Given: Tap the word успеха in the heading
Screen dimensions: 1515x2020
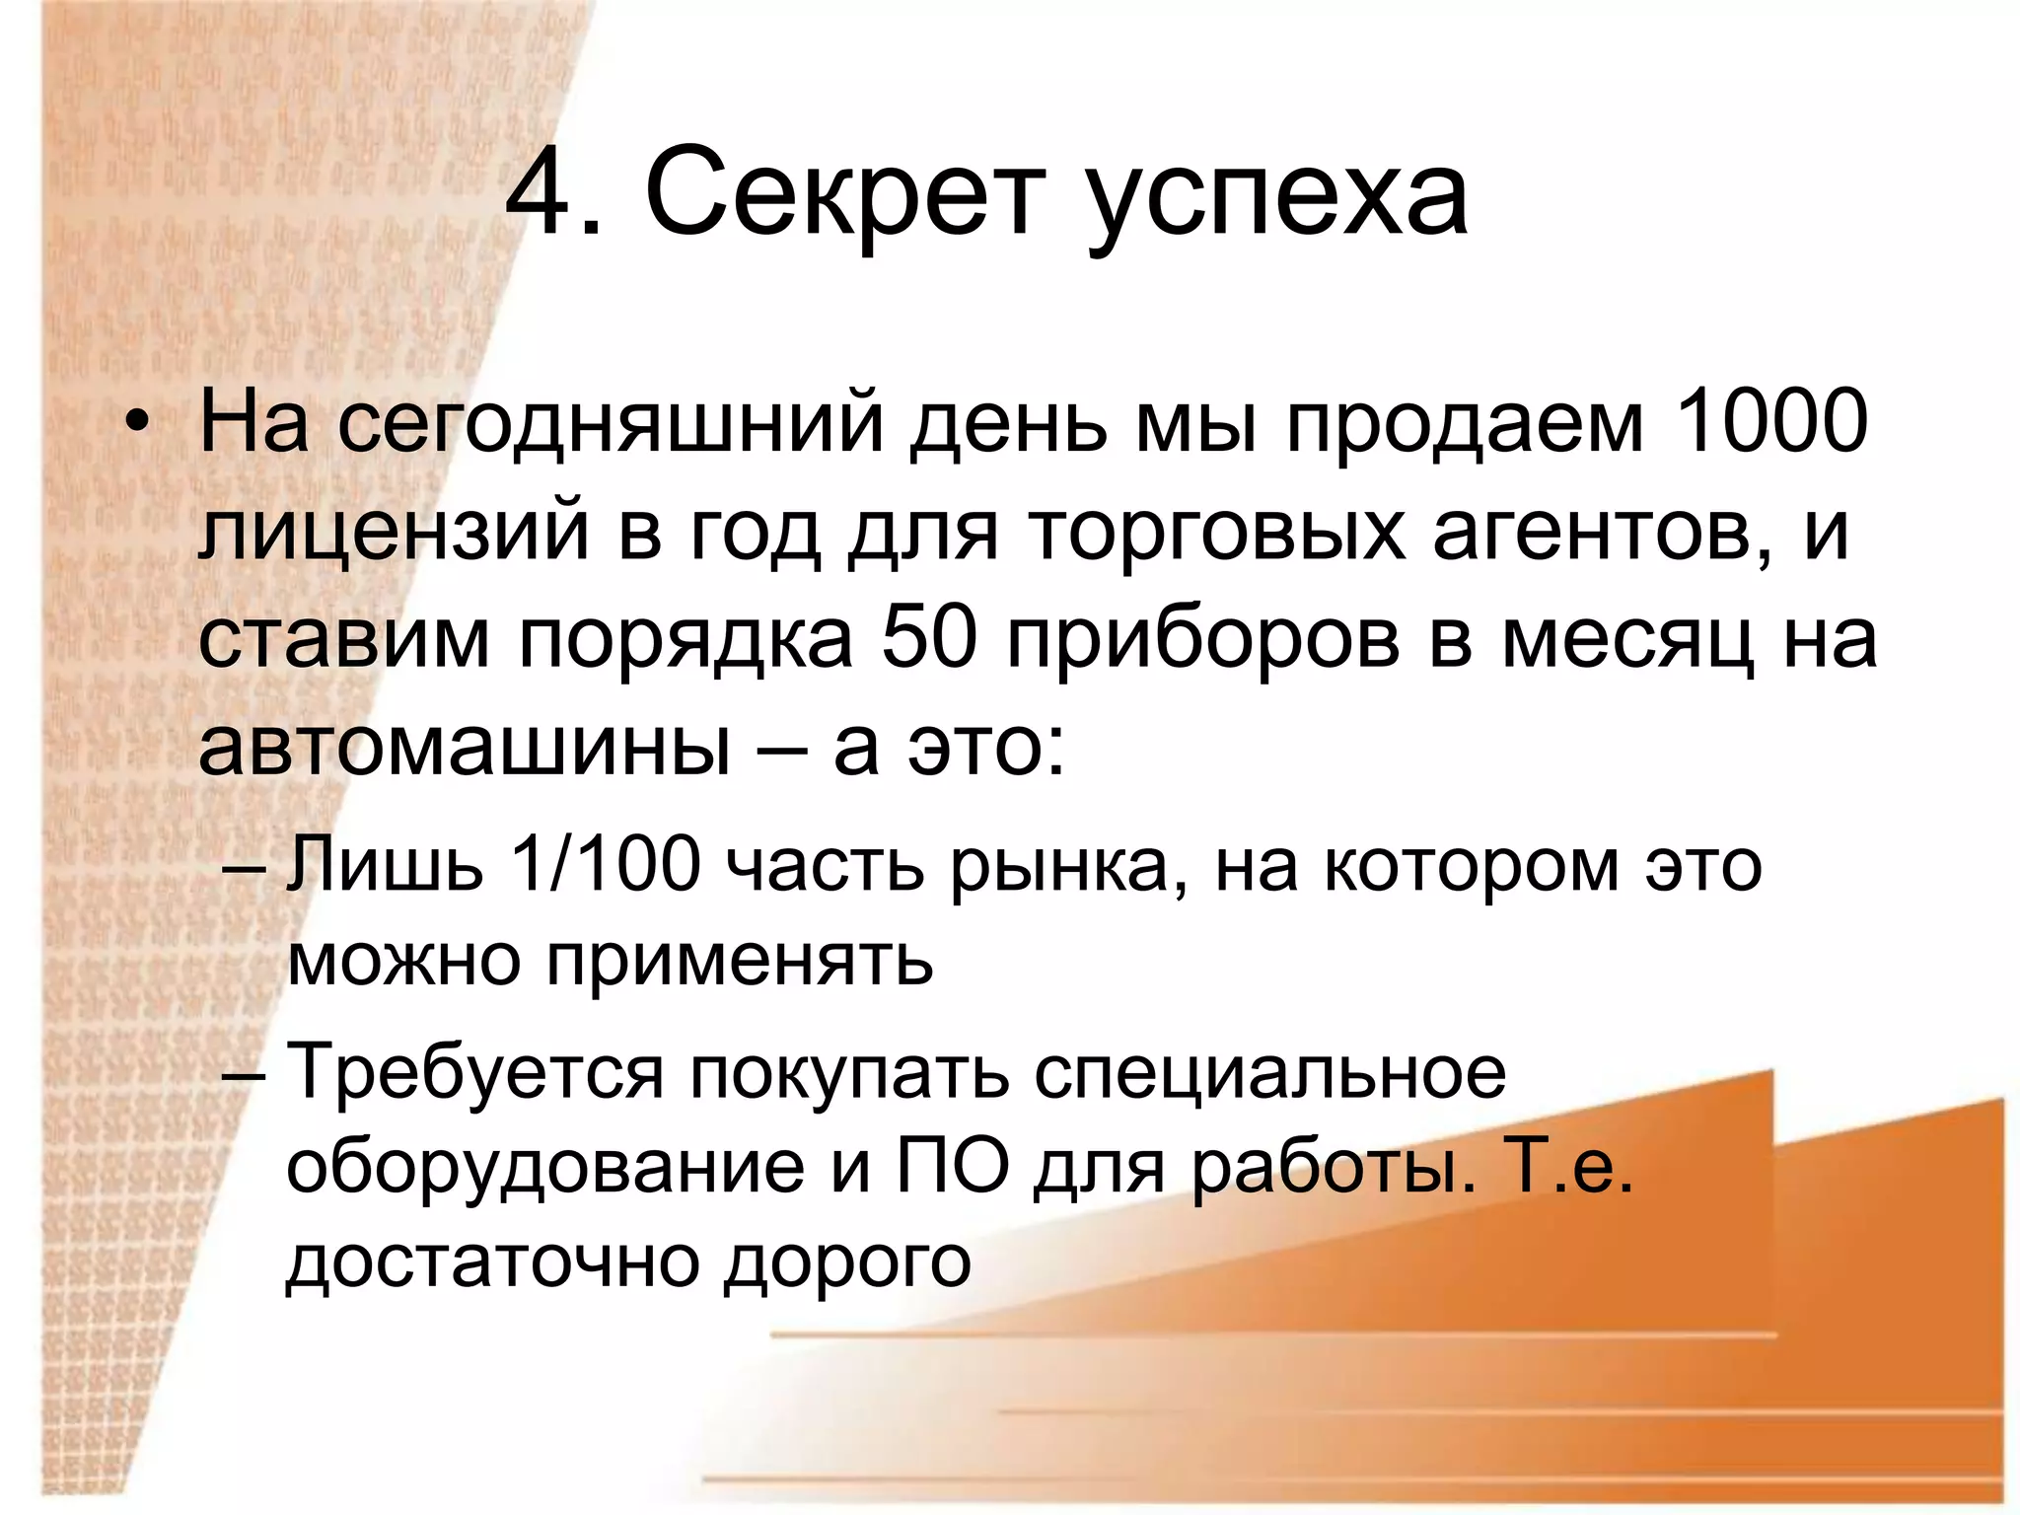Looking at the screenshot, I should [x=1279, y=202].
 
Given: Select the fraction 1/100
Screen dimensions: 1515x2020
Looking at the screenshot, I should [x=605, y=865].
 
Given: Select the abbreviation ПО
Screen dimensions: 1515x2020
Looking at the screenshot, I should [x=953, y=1168].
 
